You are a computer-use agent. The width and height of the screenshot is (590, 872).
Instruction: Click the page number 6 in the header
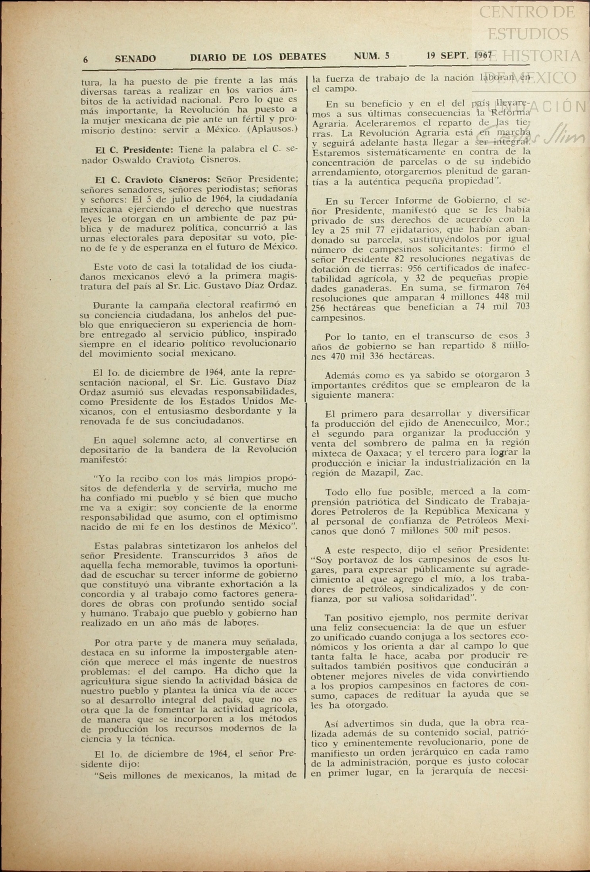pyautogui.click(x=85, y=59)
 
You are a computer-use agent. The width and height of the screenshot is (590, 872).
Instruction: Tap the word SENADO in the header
pyautogui.click(x=135, y=58)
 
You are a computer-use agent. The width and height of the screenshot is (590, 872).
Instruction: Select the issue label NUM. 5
pyautogui.click(x=371, y=56)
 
